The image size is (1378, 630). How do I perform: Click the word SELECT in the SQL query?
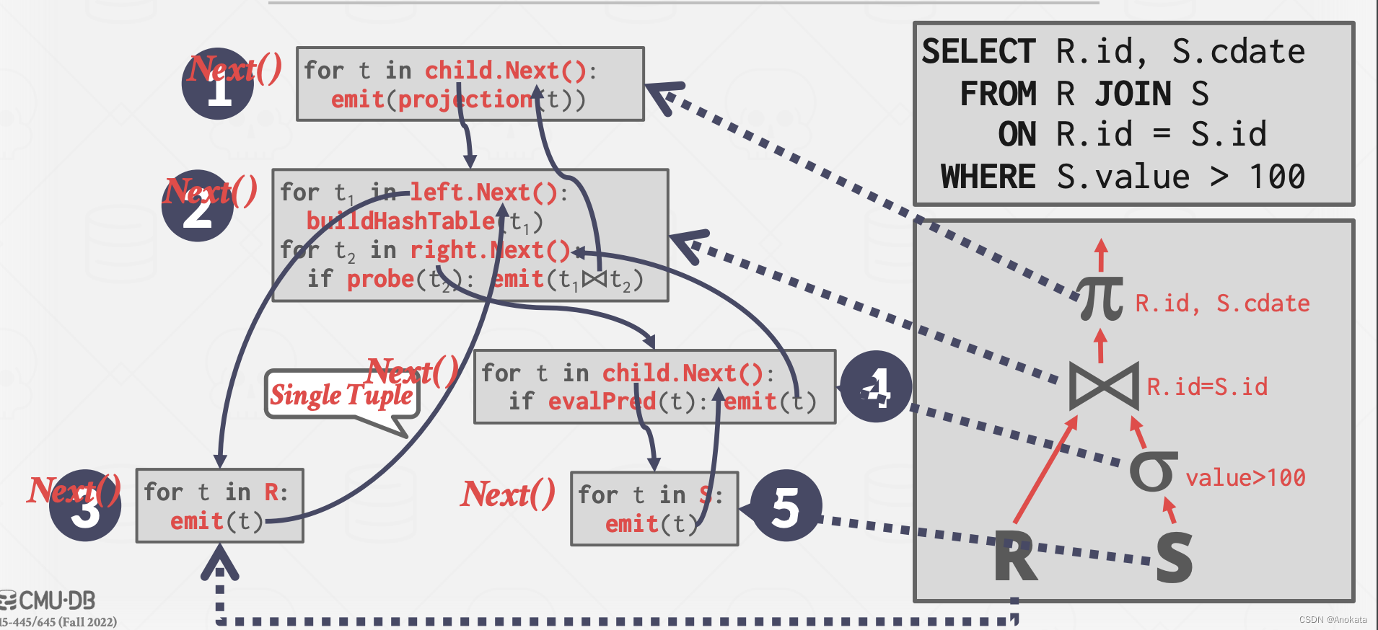(x=978, y=52)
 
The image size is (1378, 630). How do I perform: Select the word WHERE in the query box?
(x=988, y=177)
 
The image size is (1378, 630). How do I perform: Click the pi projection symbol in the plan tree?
(x=1101, y=298)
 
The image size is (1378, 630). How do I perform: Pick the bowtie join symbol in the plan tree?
(x=1104, y=386)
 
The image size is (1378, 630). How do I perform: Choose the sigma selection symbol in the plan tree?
(x=1153, y=472)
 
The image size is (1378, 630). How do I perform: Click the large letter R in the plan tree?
(x=1016, y=556)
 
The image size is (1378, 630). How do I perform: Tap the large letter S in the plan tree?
(x=1174, y=556)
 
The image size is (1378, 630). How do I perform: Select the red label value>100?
(x=1245, y=478)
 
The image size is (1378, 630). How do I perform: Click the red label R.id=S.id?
(x=1207, y=387)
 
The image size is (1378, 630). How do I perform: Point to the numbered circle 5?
(x=786, y=506)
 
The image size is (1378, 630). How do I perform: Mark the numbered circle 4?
(x=876, y=387)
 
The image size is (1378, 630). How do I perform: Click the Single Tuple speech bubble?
(x=341, y=395)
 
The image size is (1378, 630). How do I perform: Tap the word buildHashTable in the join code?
(x=401, y=221)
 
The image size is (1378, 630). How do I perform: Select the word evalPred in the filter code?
(x=602, y=401)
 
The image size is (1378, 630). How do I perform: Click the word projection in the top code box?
(x=465, y=99)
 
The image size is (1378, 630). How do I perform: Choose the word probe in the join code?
(x=380, y=279)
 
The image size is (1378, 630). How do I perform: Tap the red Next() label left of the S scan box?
(x=508, y=494)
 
